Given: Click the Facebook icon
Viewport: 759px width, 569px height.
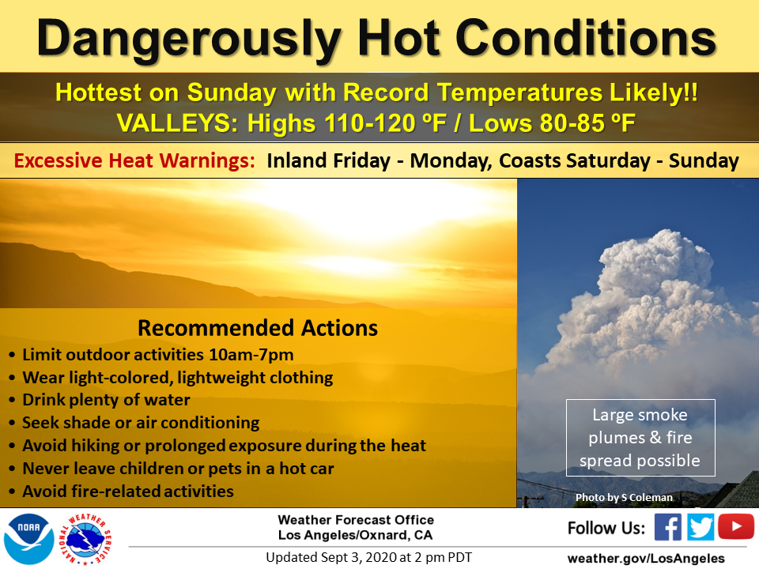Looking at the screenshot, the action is point(668,527).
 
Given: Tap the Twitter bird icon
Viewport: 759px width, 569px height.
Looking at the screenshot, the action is point(700,527).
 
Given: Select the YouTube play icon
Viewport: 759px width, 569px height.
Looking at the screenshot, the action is point(736,526).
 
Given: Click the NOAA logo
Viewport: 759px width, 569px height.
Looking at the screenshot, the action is point(28,538).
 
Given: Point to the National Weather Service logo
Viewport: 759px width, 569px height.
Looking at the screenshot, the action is point(85,539).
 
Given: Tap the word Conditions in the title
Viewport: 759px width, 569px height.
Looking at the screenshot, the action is point(586,38).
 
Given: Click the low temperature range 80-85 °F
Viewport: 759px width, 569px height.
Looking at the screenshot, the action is point(587,123).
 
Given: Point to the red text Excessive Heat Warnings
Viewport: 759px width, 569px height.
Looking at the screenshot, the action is point(134,160).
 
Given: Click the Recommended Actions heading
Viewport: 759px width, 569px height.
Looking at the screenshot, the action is point(258,328).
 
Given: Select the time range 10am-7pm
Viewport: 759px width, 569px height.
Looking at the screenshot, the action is point(251,355).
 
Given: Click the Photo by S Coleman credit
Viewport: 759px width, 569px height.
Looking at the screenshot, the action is point(624,497).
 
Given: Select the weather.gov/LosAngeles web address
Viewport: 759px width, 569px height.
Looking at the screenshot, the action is point(646,559).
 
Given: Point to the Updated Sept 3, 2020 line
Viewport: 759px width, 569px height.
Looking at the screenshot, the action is point(369,557).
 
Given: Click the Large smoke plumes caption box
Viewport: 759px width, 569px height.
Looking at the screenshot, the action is point(640,438).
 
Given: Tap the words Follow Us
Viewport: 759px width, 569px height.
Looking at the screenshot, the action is point(606,528).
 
